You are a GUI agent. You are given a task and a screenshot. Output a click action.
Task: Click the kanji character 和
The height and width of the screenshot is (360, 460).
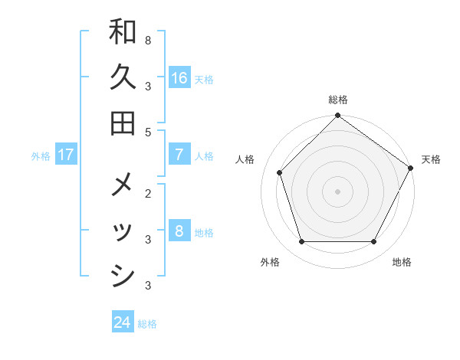point(123,32)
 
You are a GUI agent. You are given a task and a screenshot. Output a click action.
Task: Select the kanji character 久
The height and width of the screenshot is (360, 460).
point(123,77)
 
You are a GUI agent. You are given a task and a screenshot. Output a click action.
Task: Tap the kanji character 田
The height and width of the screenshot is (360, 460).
point(123,123)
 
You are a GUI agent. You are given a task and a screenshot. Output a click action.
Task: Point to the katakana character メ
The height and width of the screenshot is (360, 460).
point(123,186)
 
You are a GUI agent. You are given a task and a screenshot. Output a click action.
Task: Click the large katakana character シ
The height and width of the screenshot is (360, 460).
point(123,277)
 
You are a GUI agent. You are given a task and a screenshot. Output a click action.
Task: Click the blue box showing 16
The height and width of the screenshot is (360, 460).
point(179,77)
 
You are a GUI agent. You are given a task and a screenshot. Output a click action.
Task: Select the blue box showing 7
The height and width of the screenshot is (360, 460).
point(179,155)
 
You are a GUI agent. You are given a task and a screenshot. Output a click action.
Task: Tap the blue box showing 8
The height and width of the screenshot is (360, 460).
point(179,231)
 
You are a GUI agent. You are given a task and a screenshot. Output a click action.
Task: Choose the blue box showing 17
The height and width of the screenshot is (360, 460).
point(66,155)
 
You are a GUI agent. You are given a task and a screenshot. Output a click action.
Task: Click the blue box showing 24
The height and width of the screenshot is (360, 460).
point(123,322)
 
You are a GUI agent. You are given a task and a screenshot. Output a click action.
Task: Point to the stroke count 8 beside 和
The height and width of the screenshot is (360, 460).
point(147,38)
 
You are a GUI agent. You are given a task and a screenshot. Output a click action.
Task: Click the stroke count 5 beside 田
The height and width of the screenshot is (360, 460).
point(147,132)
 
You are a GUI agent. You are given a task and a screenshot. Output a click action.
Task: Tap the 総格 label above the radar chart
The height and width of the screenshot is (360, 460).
point(338,100)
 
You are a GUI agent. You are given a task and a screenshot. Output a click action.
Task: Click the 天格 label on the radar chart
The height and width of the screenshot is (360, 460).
point(431,159)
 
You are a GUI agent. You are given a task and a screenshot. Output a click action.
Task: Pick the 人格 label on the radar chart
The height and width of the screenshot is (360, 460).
point(245,159)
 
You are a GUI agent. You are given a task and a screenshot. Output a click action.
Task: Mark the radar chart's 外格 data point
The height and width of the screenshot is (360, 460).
point(301,242)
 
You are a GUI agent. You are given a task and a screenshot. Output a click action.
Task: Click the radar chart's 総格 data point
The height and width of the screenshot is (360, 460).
point(338,116)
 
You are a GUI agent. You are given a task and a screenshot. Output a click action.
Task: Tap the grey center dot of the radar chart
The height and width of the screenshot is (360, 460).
point(338,191)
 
